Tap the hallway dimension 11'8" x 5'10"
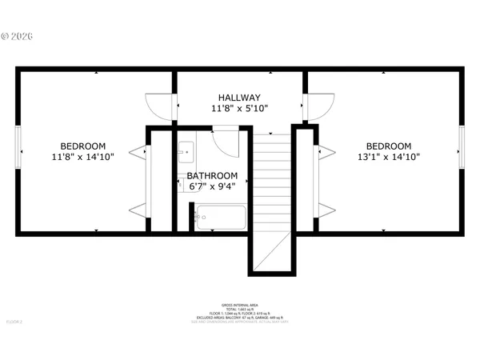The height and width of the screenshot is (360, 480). (239, 108)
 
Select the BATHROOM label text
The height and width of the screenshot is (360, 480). (212, 175)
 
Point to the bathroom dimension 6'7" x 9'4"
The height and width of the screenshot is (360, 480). (212, 186)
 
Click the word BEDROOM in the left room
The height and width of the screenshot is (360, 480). (84, 146)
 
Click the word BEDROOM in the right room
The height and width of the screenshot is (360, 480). (388, 146)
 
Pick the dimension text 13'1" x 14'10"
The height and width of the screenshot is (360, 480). (388, 157)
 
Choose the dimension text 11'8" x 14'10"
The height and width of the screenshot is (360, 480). (84, 157)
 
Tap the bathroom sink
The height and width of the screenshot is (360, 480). (186, 150)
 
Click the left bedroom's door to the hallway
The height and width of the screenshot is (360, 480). (160, 107)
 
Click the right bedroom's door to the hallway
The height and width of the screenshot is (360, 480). (320, 106)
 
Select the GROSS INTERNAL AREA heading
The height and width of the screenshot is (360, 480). (239, 306)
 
